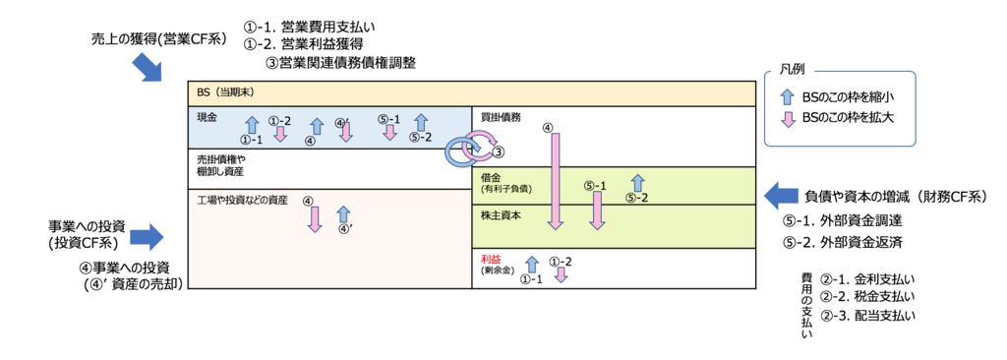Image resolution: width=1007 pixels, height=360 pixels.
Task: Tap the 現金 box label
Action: tap(207, 118)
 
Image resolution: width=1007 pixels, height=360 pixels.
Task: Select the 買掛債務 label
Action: tap(501, 118)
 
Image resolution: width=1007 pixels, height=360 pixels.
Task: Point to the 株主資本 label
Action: tap(501, 214)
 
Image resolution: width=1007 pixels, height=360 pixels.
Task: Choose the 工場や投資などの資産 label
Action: tap(242, 200)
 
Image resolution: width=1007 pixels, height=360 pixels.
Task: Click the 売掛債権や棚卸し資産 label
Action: tap(221, 164)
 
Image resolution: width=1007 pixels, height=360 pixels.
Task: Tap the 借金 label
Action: tap(491, 176)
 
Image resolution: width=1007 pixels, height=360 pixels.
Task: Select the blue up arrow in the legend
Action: tap(787, 96)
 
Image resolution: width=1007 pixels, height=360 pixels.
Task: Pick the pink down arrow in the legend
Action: tap(787, 120)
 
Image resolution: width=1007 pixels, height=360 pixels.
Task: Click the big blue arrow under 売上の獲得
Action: tap(148, 68)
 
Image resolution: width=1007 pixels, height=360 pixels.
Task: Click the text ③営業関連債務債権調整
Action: tap(340, 62)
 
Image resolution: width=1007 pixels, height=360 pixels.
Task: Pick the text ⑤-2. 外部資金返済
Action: tap(843, 241)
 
